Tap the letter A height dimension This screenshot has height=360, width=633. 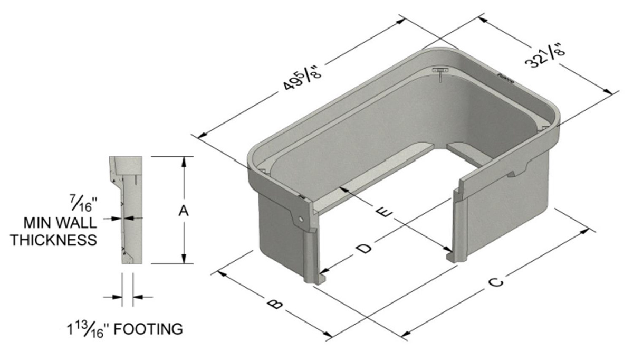(183, 211)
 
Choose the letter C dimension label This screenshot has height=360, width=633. (495, 282)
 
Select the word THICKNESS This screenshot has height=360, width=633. (55, 240)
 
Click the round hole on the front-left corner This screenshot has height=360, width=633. (300, 219)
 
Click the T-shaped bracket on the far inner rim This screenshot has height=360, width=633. (439, 72)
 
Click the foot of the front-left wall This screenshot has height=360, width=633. (315, 280)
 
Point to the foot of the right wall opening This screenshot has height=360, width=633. (452, 257)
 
